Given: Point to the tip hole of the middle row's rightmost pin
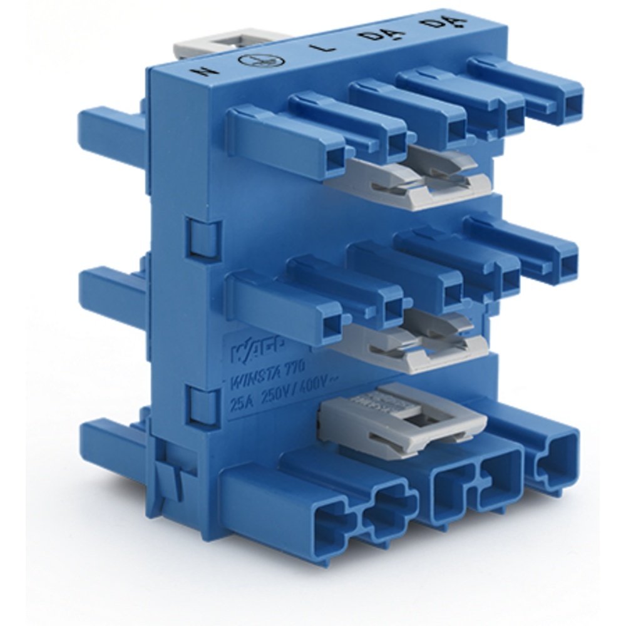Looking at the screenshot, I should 567,267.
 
